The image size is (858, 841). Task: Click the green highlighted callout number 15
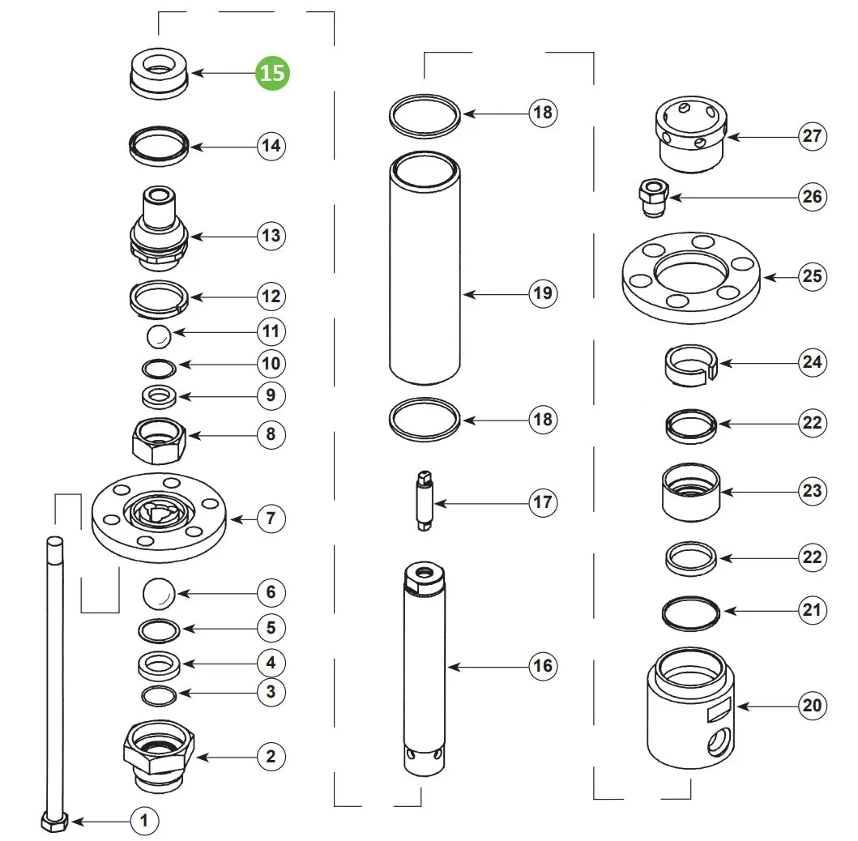click(272, 73)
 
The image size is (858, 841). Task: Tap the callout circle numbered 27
click(812, 135)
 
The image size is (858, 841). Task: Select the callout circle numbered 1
click(144, 821)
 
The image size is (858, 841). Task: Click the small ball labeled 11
click(160, 336)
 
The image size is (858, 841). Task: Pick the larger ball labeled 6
click(159, 594)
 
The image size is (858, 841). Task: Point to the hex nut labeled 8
click(160, 441)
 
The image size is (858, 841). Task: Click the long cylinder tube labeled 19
click(425, 268)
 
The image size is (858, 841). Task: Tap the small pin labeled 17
click(425, 501)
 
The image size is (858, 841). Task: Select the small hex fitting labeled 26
click(653, 198)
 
